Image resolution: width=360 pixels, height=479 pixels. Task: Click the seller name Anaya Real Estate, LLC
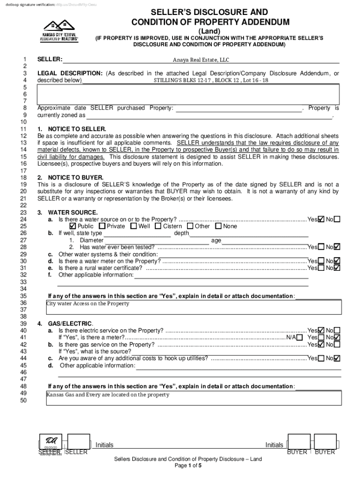pyautogui.click(x=201, y=60)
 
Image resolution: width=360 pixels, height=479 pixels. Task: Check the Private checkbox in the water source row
pyautogui.click(x=102, y=226)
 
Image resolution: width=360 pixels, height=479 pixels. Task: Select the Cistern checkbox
pyautogui.click(x=158, y=226)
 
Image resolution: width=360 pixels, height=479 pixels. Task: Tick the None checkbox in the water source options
pyautogui.click(x=218, y=226)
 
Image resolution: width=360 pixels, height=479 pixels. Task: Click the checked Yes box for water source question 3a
pyautogui.click(x=321, y=219)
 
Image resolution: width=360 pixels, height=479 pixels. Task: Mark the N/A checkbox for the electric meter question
pyautogui.click(x=299, y=338)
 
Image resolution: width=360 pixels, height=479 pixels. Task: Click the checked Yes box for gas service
pyautogui.click(x=321, y=345)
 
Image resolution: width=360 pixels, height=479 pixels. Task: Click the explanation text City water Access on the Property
pyautogui.click(x=88, y=304)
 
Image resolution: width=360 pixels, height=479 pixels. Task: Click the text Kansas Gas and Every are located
pyautogui.click(x=108, y=395)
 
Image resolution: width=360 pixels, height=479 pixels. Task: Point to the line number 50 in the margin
pyautogui.click(x=23, y=400)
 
